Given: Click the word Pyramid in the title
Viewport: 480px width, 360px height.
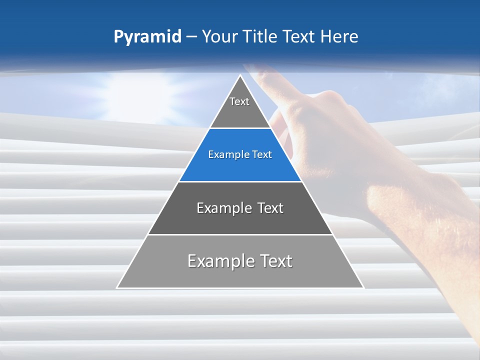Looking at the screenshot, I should click(x=147, y=37).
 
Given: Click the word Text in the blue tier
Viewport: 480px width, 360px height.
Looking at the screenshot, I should click(x=262, y=155).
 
